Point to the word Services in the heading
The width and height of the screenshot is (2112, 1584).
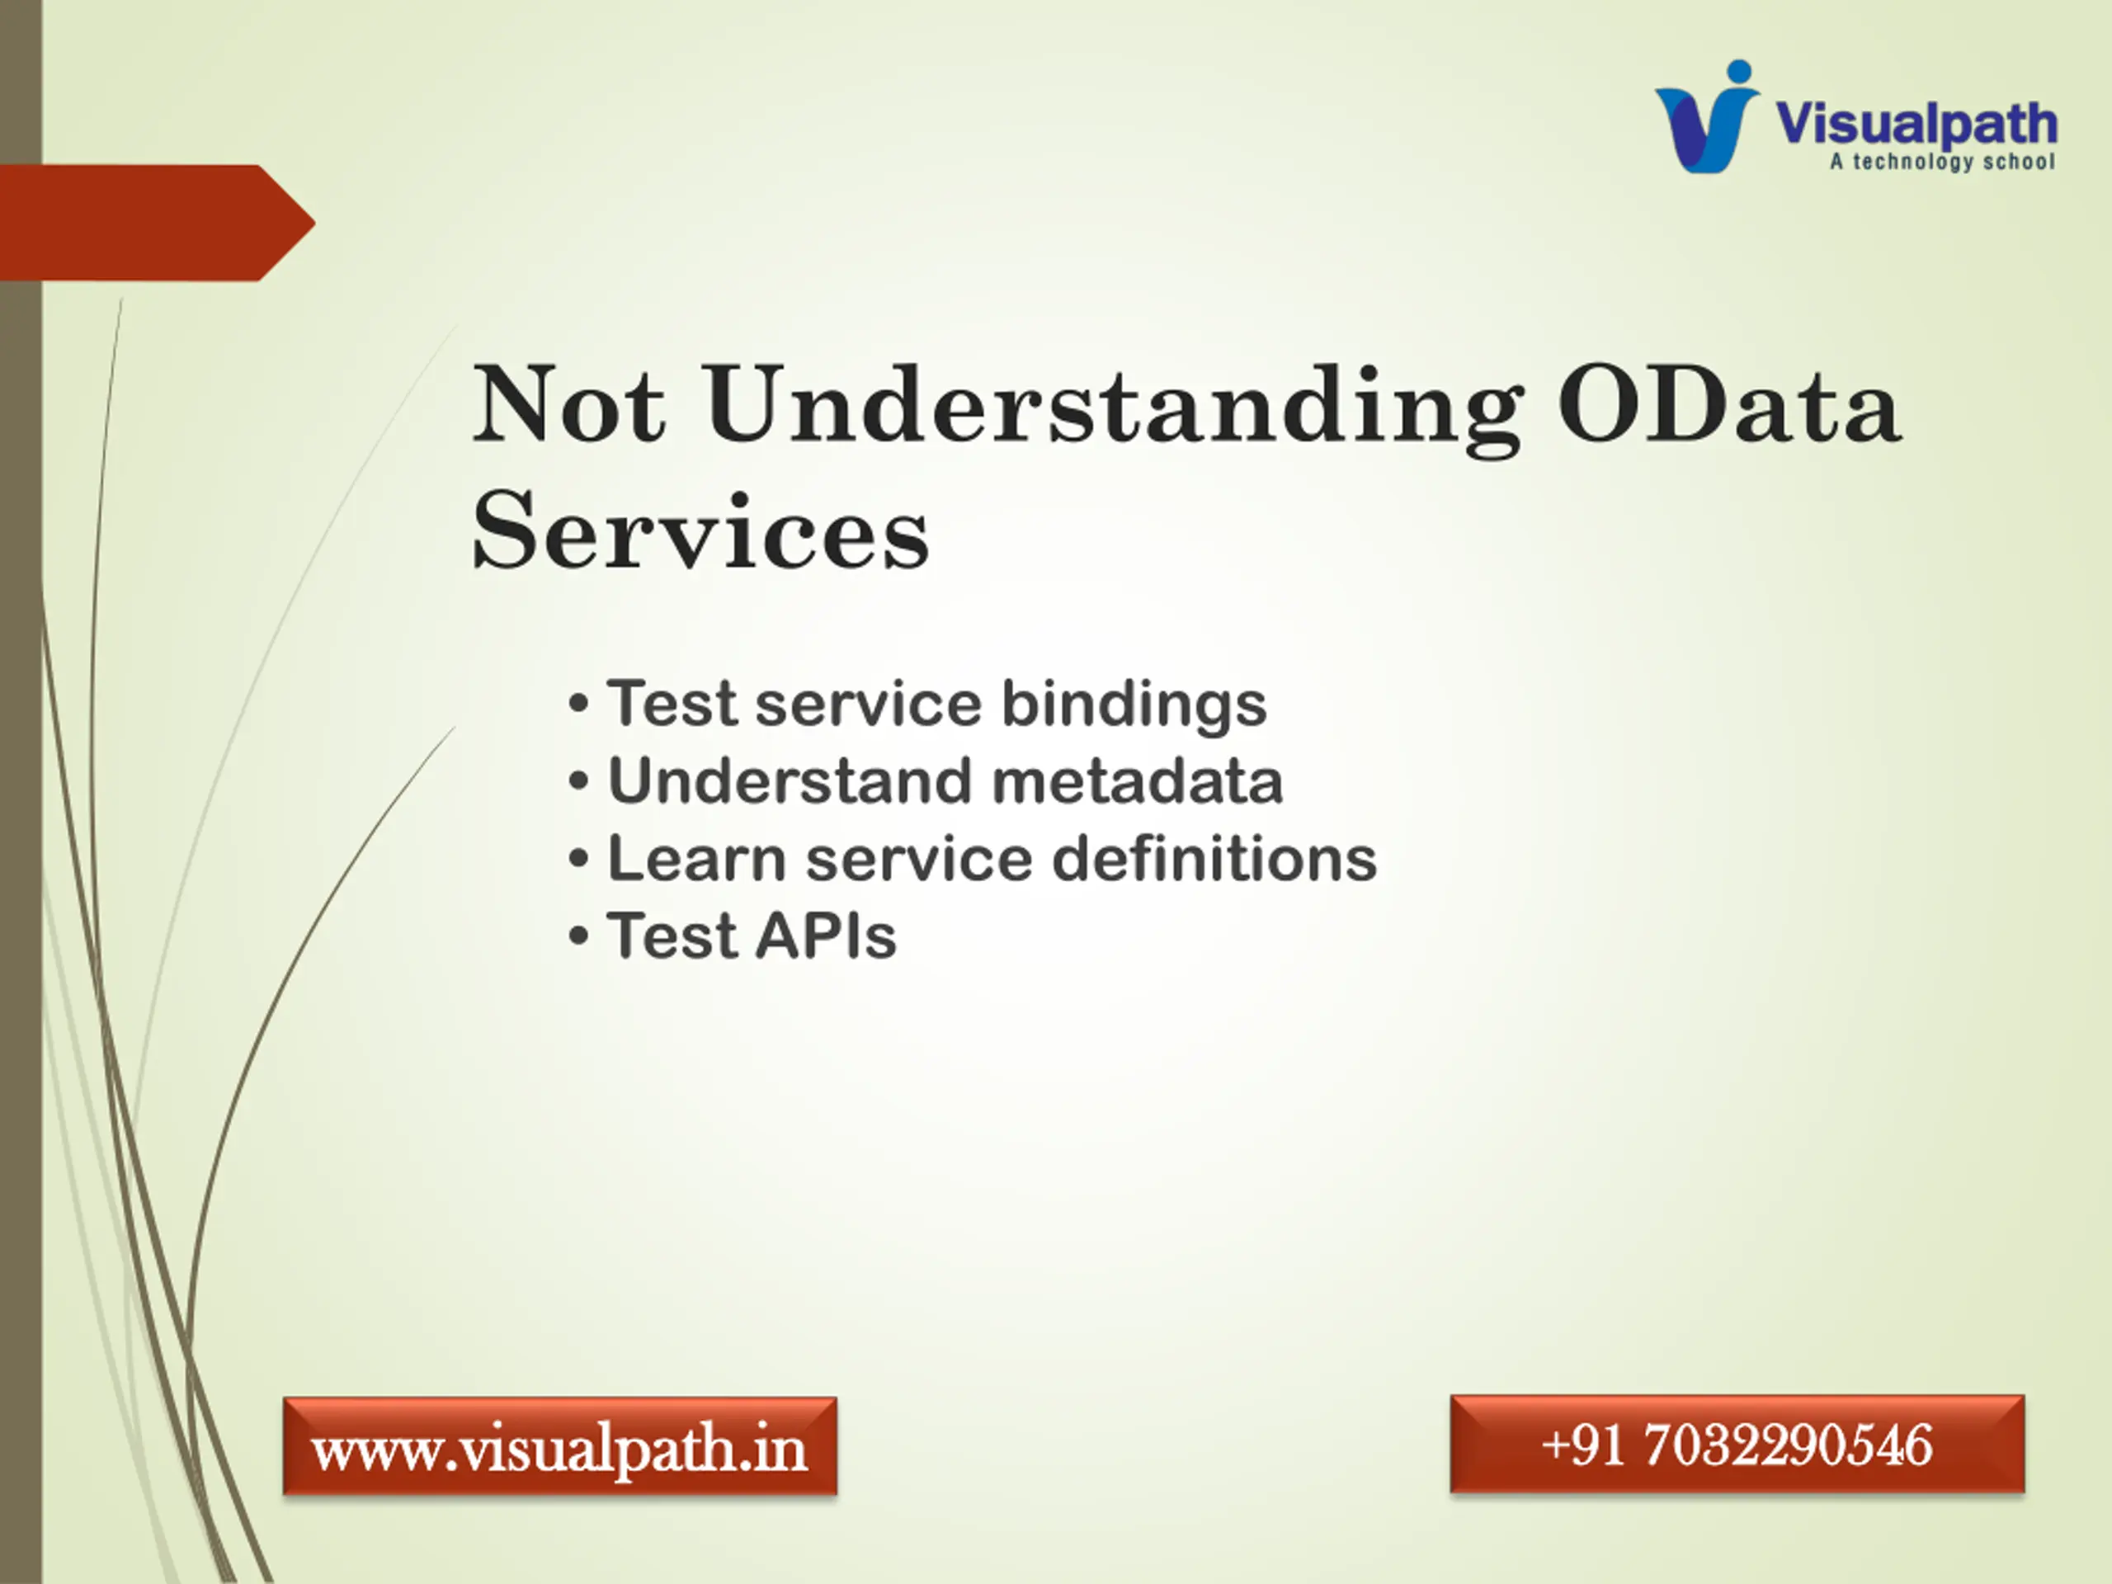pyautogui.click(x=700, y=530)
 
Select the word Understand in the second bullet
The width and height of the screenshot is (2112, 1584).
pyautogui.click(x=790, y=781)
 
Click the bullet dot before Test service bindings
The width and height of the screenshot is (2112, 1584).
pyautogui.click(x=578, y=705)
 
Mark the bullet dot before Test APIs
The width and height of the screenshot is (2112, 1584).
pyautogui.click(x=578, y=936)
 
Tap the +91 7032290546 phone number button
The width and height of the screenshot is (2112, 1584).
pyautogui.click(x=1737, y=1444)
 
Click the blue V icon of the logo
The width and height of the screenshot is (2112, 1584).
pyautogui.click(x=1706, y=126)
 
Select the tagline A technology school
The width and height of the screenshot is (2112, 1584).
pyautogui.click(x=1942, y=163)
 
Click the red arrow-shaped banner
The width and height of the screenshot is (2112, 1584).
pyautogui.click(x=158, y=223)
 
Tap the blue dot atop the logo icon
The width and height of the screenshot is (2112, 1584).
pyautogui.click(x=1738, y=73)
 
